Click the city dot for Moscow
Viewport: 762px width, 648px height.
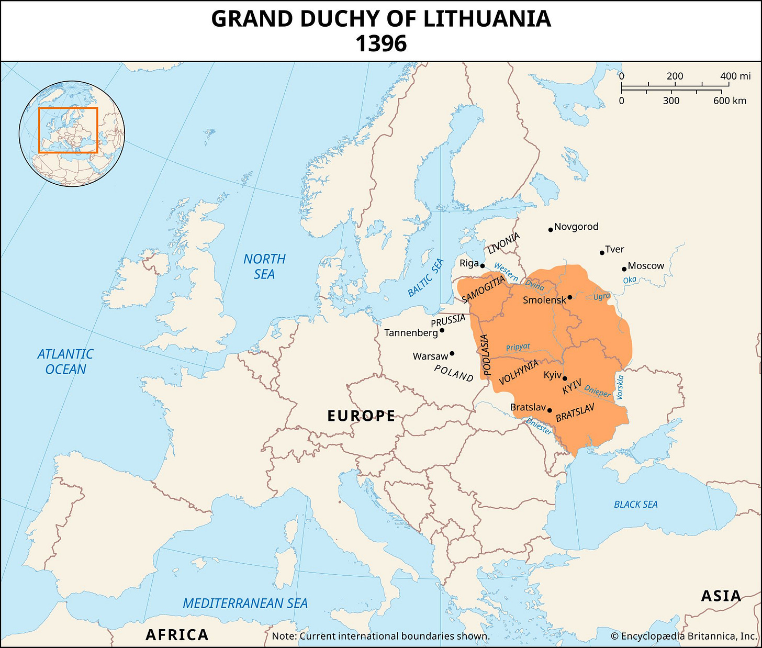(624, 269)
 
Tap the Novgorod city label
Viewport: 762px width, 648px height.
(576, 227)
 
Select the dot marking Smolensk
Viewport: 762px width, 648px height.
(569, 297)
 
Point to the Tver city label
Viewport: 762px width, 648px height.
(614, 249)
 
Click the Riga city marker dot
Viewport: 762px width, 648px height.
(482, 266)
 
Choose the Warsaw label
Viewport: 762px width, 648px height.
(430, 356)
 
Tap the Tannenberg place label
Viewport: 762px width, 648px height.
(411, 333)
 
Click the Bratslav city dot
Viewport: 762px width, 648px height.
(549, 410)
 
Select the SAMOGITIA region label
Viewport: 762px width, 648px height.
(484, 289)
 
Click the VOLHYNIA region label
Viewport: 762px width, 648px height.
(519, 372)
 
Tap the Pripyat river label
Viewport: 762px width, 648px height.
(518, 347)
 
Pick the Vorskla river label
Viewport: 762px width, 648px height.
(620, 387)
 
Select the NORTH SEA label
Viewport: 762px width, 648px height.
(264, 266)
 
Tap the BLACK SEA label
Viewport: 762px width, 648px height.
(635, 505)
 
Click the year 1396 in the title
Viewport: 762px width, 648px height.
(381, 43)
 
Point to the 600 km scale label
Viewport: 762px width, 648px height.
(730, 100)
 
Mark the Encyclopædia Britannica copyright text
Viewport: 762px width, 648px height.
(683, 636)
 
